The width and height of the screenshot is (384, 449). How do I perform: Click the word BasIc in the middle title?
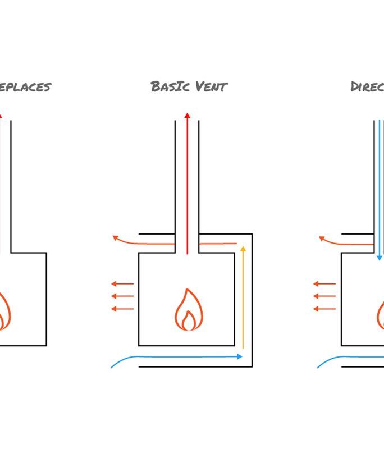(171, 86)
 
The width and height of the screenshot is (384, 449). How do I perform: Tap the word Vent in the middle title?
(212, 86)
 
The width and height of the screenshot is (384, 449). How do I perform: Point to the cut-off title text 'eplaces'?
(25, 87)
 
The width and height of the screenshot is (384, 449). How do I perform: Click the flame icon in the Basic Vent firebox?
(188, 310)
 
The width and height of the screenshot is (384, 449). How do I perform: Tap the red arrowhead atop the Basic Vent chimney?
(188, 116)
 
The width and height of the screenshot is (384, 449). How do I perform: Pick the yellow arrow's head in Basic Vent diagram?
(243, 249)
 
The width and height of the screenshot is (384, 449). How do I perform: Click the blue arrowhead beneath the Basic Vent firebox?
(240, 356)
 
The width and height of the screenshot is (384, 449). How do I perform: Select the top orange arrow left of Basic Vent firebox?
(122, 284)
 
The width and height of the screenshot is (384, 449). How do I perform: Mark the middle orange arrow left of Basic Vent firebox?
(122, 296)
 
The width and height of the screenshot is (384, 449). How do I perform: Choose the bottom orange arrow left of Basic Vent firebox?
(122, 309)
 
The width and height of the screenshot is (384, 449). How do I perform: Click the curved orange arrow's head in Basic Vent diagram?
(116, 238)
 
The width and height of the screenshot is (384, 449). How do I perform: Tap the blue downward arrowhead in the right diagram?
(380, 257)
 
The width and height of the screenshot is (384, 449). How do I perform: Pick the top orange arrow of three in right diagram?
(324, 284)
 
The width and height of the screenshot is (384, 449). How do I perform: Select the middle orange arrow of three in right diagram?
(324, 296)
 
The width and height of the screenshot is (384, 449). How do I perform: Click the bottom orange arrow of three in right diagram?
(324, 309)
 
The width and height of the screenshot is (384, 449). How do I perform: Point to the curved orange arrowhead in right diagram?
(322, 239)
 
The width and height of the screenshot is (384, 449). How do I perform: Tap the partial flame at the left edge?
(4, 311)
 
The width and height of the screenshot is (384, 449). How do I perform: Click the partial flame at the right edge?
(380, 314)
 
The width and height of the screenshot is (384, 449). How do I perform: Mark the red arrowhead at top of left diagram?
(1, 115)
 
